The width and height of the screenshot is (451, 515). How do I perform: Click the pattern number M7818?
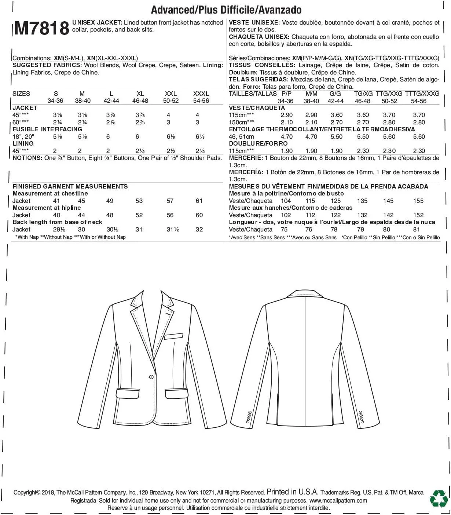(41, 28)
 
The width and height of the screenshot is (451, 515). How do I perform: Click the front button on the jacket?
(151, 377)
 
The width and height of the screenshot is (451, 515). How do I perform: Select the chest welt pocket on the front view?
(173, 335)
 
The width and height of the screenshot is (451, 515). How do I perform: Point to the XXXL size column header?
(201, 94)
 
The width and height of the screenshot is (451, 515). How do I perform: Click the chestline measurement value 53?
(139, 201)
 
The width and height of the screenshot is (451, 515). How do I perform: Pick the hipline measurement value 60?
(199, 215)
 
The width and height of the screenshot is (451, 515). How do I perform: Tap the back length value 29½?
(59, 229)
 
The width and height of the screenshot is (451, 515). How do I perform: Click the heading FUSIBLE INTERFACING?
(47, 129)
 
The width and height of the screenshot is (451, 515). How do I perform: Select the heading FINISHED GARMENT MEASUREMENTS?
(70, 186)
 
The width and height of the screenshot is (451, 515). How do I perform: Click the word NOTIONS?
(27, 158)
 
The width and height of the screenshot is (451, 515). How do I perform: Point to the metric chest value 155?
(418, 201)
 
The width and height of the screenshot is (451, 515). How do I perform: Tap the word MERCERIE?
(245, 158)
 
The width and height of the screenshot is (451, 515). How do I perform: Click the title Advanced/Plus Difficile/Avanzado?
(226, 10)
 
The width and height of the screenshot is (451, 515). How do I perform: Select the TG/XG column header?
(363, 94)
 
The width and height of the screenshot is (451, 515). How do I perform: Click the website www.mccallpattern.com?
(338, 500)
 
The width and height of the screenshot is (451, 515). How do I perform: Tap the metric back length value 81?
(417, 229)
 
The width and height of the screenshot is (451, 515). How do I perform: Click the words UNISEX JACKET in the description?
(96, 22)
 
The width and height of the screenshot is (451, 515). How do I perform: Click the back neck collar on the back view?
(305, 294)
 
